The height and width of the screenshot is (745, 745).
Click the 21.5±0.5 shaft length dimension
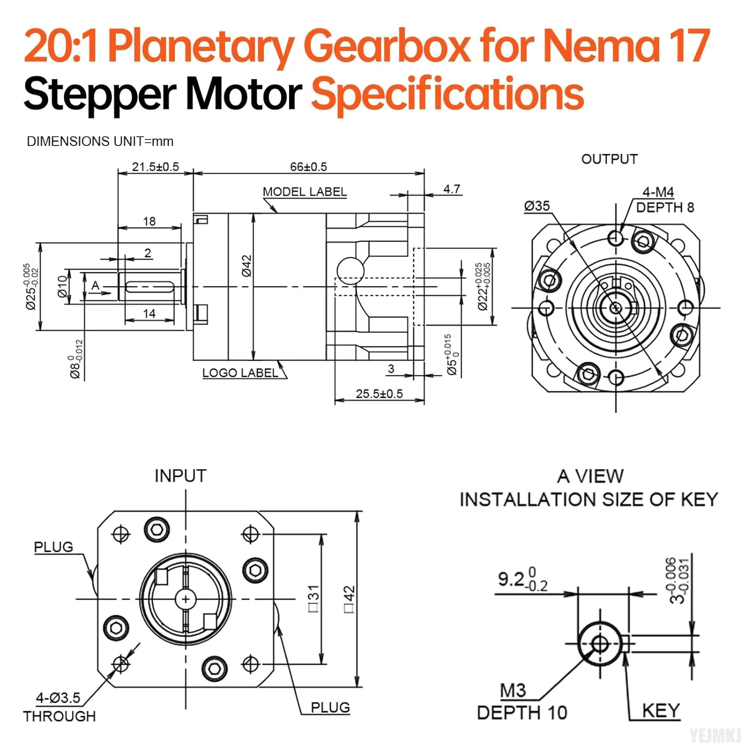click(x=155, y=167)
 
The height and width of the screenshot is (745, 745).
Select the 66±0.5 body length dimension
click(x=308, y=167)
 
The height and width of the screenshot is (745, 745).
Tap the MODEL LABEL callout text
click(x=304, y=192)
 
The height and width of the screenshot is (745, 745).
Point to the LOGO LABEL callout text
click(x=240, y=373)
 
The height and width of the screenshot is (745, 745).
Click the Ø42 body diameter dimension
click(x=247, y=266)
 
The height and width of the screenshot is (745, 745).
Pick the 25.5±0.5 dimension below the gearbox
click(x=379, y=394)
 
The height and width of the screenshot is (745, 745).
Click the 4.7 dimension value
click(x=451, y=189)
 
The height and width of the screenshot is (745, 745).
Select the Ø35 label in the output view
click(x=537, y=206)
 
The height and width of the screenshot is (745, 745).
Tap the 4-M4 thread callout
click(x=658, y=192)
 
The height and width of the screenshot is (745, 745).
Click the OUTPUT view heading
click(x=609, y=159)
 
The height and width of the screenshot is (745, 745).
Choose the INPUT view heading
click(x=180, y=476)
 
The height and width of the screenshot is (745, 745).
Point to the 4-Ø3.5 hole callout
click(x=58, y=698)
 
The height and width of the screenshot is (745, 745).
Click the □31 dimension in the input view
click(x=313, y=598)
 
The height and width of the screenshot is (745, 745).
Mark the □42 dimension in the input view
click(x=349, y=599)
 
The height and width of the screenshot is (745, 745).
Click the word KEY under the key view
click(x=661, y=711)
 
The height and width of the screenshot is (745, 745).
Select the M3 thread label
click(x=513, y=690)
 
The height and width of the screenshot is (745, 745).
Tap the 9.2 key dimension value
click(x=512, y=579)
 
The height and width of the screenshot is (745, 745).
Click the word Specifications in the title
click(x=447, y=94)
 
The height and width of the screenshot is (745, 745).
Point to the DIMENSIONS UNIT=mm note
click(x=100, y=142)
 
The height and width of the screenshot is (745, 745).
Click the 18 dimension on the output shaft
click(x=149, y=222)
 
